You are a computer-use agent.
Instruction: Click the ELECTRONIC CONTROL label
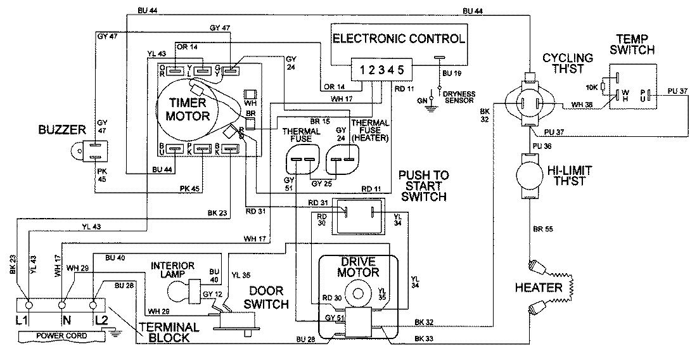click(x=399, y=37)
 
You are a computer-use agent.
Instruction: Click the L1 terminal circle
click(x=27, y=304)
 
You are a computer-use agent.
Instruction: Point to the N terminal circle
click(x=62, y=304)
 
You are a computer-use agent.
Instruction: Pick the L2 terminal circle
click(x=97, y=304)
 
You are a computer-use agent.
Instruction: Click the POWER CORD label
click(x=53, y=335)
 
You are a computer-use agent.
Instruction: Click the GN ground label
click(x=421, y=99)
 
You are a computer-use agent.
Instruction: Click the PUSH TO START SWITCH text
click(x=423, y=186)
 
